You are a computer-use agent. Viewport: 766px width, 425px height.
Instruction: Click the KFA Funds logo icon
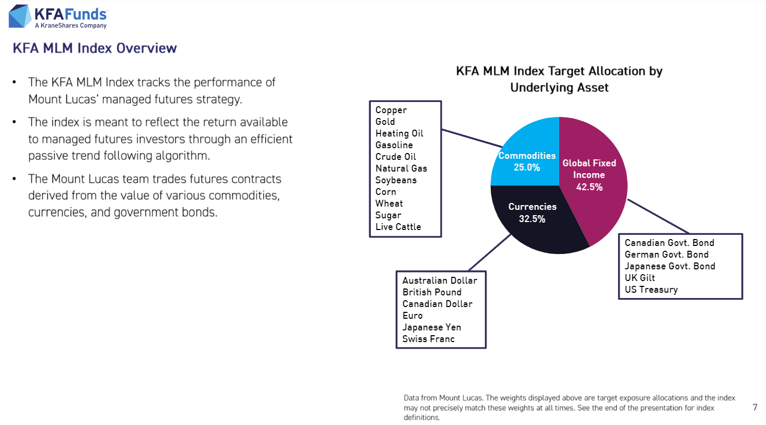click(x=19, y=16)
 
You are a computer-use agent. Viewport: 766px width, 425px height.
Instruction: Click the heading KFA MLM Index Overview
click(x=94, y=48)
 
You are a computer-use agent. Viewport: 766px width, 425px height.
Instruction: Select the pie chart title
click(x=559, y=79)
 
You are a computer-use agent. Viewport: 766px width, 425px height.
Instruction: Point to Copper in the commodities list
click(x=391, y=110)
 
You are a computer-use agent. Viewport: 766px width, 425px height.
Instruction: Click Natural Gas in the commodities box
click(x=401, y=168)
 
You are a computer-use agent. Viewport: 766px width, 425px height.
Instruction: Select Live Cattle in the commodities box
click(x=398, y=227)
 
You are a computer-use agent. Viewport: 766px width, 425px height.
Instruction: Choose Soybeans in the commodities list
click(x=396, y=180)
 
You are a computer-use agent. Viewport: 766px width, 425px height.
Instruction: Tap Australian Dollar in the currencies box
click(x=440, y=280)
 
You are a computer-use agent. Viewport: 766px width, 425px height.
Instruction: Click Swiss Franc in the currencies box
click(x=428, y=339)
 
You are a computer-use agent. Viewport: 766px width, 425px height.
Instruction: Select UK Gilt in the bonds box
click(x=640, y=278)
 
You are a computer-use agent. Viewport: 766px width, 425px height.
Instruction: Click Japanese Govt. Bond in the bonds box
click(x=669, y=266)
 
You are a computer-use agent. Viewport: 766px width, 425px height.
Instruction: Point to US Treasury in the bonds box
click(x=651, y=290)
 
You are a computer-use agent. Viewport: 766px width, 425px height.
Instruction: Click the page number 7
click(x=755, y=407)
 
